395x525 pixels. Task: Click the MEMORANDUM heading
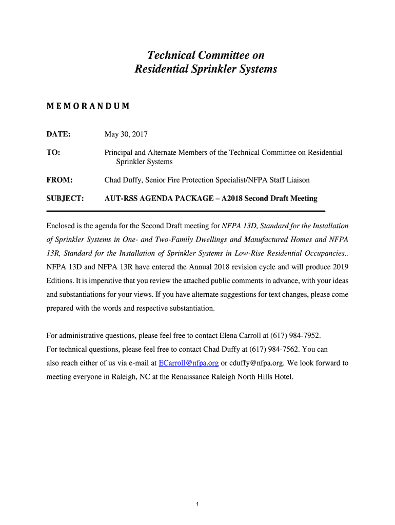click(88, 107)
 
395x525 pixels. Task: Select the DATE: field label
click(58, 134)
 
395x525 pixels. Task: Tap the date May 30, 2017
click(126, 134)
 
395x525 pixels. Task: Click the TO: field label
click(53, 153)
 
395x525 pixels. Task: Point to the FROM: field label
click(60, 180)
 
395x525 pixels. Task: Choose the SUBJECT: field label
click(65, 198)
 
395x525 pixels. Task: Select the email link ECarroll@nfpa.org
click(189, 363)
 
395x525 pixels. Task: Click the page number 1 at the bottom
click(197, 504)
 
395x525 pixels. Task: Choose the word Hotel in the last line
click(283, 377)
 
